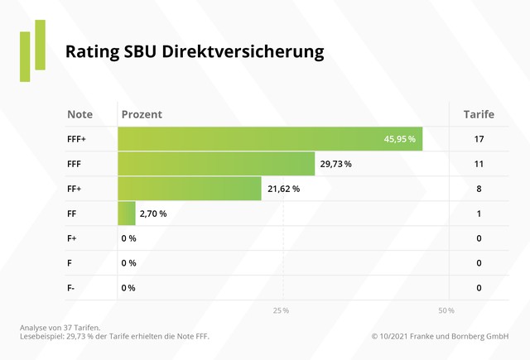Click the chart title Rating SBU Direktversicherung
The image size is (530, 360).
195,51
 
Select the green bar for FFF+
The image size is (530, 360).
270,139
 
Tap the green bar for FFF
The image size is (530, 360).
216,164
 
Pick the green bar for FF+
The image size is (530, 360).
190,189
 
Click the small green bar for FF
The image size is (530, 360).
127,214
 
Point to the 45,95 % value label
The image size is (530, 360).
399,139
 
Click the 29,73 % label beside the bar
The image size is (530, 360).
335,164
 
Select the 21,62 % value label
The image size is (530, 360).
283,189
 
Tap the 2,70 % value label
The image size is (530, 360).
153,214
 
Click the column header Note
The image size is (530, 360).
79,114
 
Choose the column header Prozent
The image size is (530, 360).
142,114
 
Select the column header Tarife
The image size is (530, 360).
479,114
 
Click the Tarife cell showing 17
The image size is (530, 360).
479,139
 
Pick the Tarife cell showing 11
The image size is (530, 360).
479,164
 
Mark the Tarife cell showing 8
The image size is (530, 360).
479,189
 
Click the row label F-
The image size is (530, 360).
72,288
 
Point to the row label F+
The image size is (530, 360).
73,238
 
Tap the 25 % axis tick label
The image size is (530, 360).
281,310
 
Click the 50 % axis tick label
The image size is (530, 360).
446,310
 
